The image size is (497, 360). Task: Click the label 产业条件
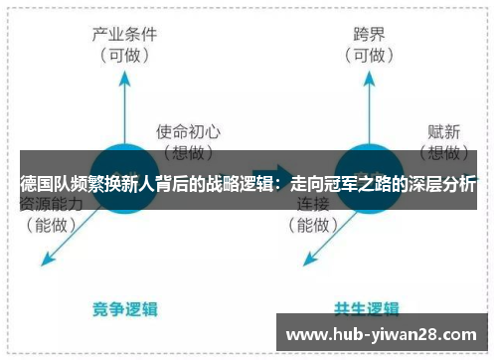(x=126, y=35)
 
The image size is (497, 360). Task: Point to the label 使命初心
(x=188, y=130)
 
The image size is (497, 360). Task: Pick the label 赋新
(x=442, y=130)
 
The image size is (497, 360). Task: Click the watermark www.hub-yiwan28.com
(x=387, y=333)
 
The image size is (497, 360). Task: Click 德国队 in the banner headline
(x=46, y=185)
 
